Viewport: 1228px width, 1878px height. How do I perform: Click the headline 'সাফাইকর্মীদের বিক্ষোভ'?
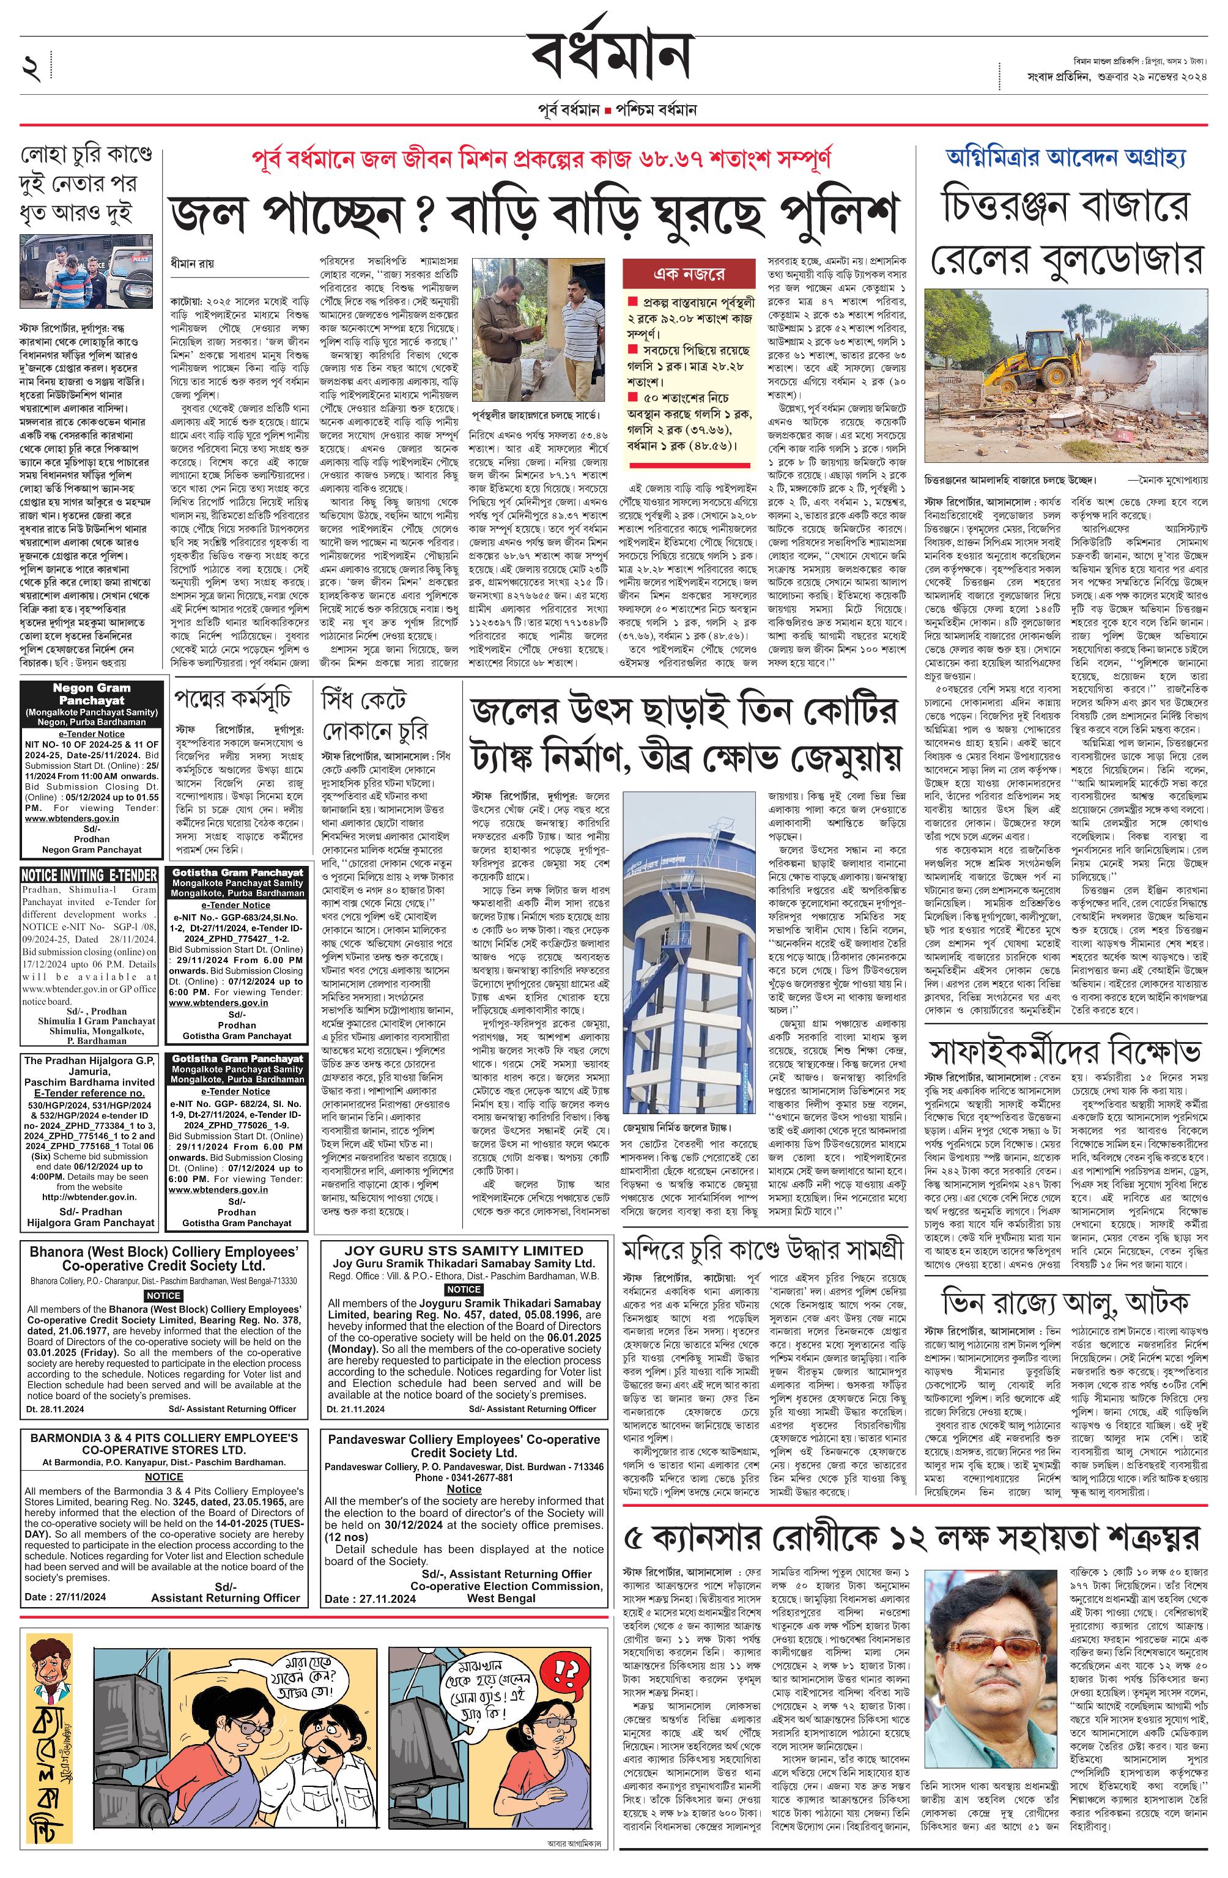[x=1065, y=1052]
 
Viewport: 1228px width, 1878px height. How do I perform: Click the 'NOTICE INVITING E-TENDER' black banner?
[x=89, y=874]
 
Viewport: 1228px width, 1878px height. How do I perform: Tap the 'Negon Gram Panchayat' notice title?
[x=92, y=693]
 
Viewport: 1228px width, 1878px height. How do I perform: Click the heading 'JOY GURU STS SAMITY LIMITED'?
[x=464, y=1250]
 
